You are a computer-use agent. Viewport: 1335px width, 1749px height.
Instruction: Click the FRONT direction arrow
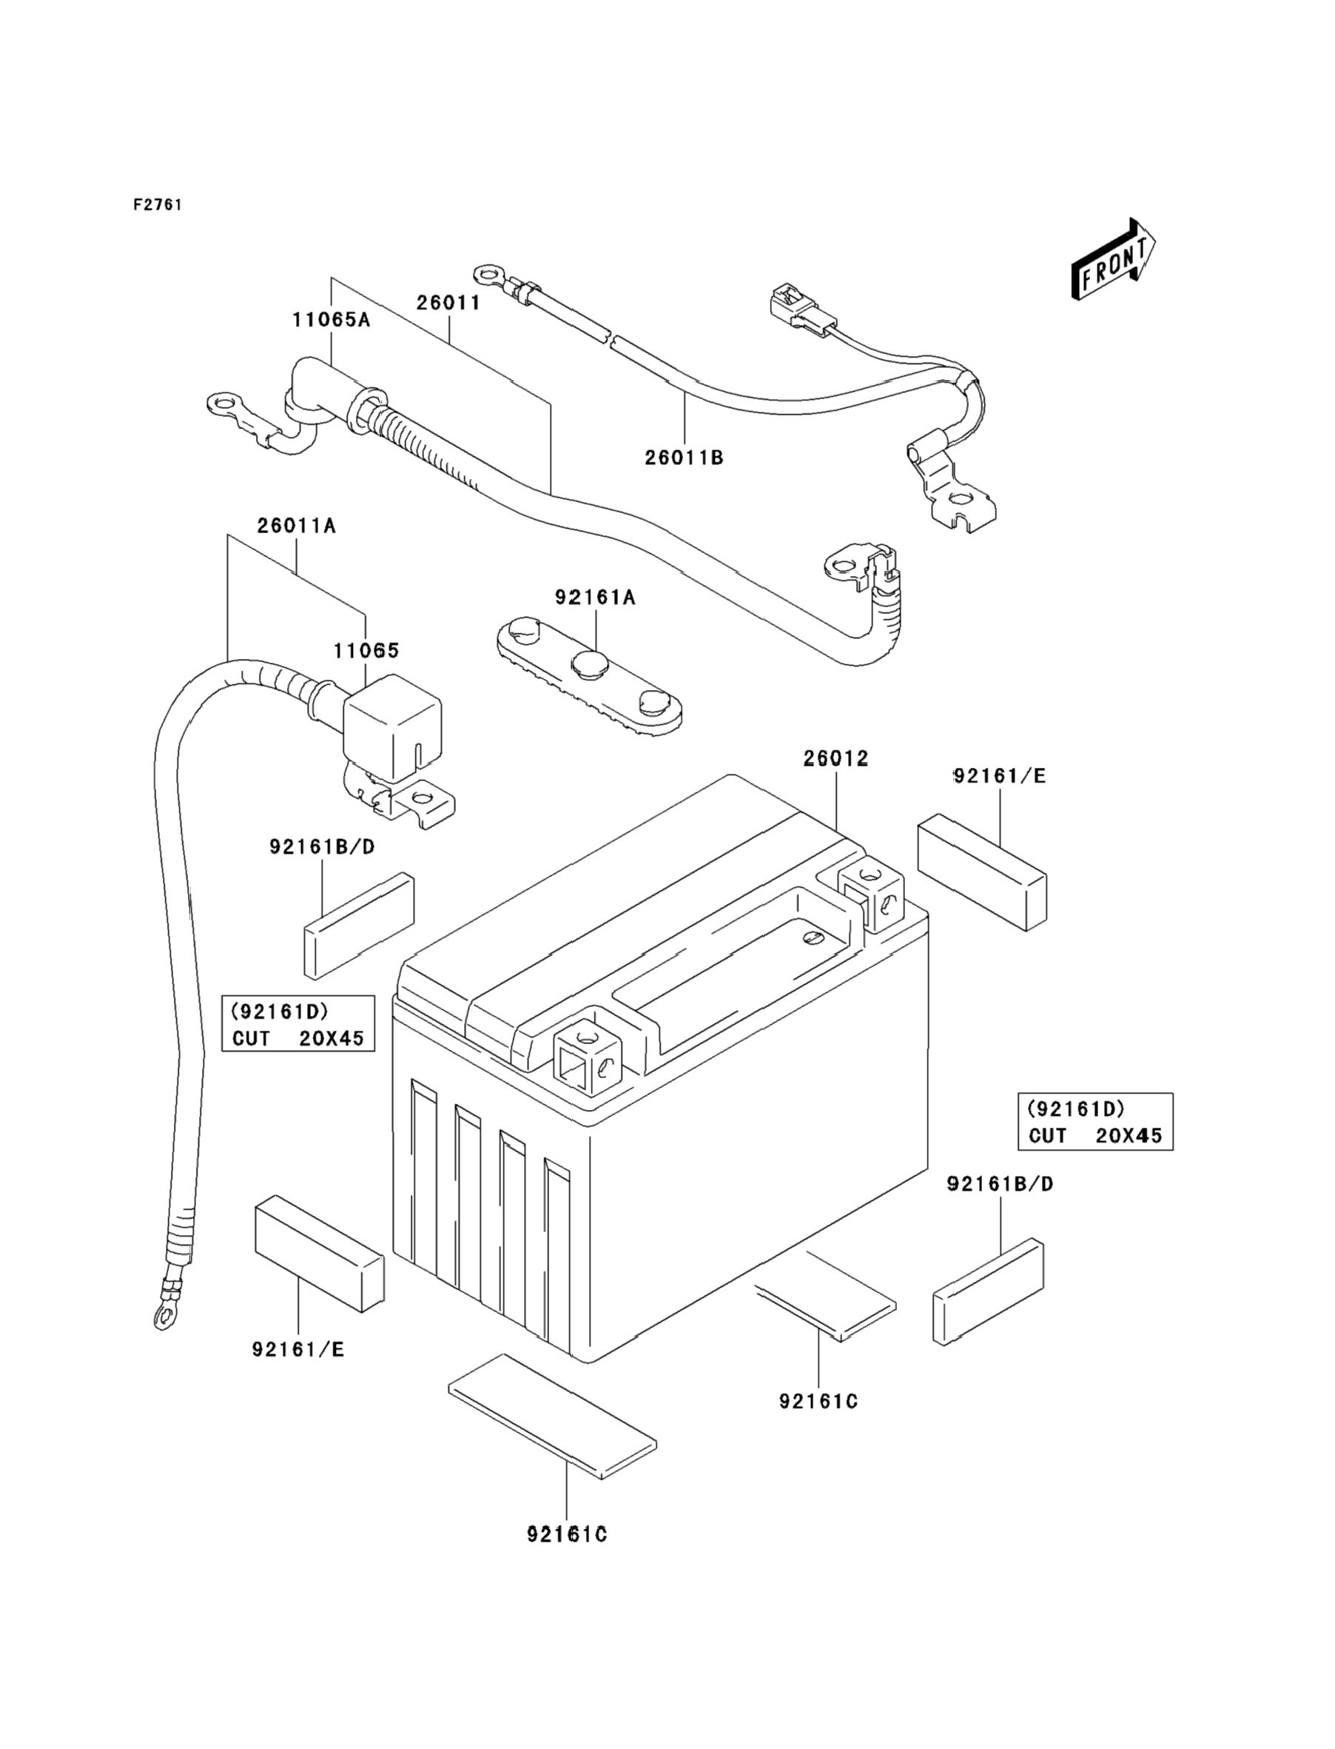[x=1112, y=260]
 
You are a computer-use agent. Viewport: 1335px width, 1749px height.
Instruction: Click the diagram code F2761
[x=158, y=204]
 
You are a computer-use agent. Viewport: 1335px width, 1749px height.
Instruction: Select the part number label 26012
[x=835, y=758]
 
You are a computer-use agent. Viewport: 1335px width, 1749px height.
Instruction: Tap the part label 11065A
[x=331, y=320]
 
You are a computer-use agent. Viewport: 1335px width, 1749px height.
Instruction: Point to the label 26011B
[x=683, y=458]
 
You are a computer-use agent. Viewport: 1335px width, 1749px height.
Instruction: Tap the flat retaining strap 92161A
[x=589, y=676]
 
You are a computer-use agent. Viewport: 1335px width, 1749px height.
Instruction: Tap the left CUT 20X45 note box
[x=298, y=1023]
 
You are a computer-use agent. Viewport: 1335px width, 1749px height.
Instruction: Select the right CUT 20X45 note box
[x=1095, y=1122]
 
